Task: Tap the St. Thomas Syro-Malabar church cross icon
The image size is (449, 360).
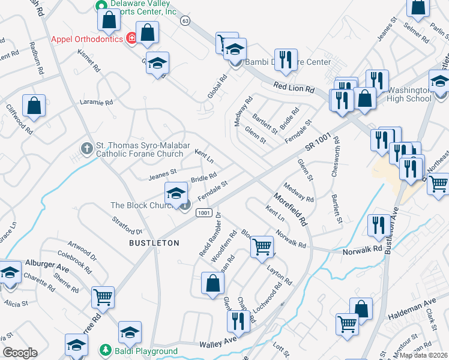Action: (x=86, y=148)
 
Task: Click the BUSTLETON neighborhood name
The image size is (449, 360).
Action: (x=154, y=243)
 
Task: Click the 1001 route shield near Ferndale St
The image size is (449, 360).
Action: (x=204, y=212)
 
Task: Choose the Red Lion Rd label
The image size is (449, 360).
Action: (x=294, y=88)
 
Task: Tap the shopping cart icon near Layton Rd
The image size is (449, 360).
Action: (x=262, y=245)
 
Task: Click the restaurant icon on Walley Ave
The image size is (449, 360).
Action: (x=238, y=320)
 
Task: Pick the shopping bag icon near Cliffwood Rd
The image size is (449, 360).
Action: (x=34, y=105)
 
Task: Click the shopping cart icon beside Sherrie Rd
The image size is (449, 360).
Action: (x=103, y=296)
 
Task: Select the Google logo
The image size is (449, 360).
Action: (x=20, y=353)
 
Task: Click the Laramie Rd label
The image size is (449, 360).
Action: (x=97, y=103)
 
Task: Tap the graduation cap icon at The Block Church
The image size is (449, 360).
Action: (x=175, y=193)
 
